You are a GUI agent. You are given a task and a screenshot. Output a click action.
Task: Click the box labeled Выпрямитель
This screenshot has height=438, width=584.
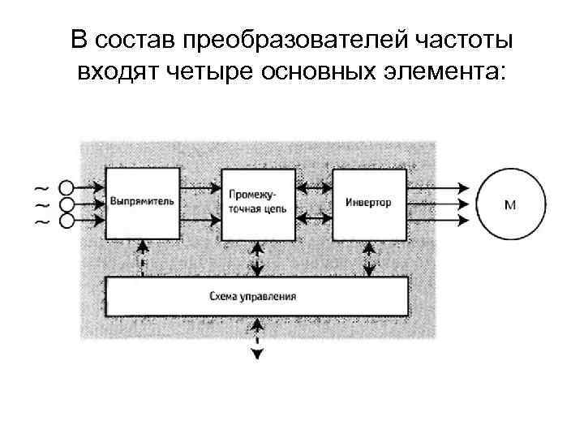pyautogui.click(x=141, y=203)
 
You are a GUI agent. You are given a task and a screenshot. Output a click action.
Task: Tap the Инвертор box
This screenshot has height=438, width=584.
pyautogui.click(x=368, y=203)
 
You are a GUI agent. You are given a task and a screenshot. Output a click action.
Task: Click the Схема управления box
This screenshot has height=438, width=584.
pyautogui.click(x=257, y=296)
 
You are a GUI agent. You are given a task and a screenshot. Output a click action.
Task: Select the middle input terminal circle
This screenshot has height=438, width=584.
pyautogui.click(x=67, y=204)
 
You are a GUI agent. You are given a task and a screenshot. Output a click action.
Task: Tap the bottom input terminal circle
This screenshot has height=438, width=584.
pyautogui.click(x=67, y=220)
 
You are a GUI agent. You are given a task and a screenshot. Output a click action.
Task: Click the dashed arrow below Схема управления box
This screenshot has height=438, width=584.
pyautogui.click(x=257, y=340)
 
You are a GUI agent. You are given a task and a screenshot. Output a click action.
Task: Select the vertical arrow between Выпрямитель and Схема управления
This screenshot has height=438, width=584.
pyautogui.click(x=143, y=258)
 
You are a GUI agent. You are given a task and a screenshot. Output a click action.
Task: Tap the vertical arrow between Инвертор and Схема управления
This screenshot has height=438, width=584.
pyautogui.click(x=368, y=258)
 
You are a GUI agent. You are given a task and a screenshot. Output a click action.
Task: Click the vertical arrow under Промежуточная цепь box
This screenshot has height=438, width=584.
pyautogui.click(x=257, y=258)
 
